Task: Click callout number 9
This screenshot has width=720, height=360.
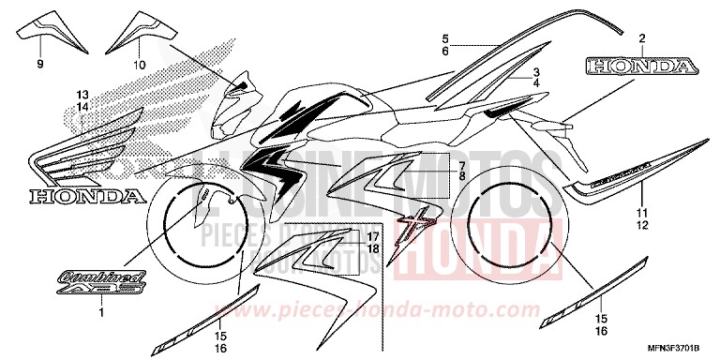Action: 40,65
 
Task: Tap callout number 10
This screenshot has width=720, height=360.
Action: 140,65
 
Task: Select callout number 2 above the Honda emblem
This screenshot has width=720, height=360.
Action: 642,38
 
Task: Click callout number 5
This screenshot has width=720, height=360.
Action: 447,38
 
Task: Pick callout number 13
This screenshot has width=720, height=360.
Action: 82,96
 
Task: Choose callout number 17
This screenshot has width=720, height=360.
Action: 371,235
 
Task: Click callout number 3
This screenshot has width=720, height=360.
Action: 536,72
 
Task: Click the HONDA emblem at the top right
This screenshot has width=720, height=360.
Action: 642,67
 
